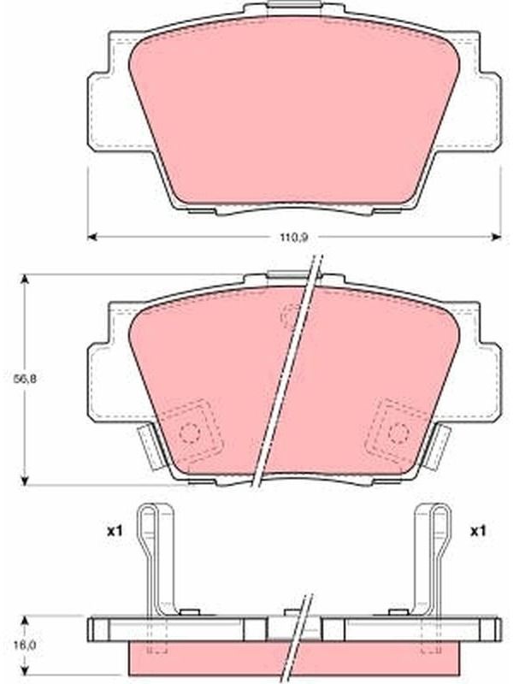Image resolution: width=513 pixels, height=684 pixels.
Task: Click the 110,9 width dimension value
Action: [x=293, y=238]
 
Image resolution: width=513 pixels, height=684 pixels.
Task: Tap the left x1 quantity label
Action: [x=115, y=531]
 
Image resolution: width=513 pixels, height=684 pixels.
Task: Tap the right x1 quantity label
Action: [x=478, y=531]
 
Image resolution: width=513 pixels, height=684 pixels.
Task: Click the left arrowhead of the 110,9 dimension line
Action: [x=91, y=237]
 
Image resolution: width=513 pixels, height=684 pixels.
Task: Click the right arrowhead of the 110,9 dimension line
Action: [x=497, y=237]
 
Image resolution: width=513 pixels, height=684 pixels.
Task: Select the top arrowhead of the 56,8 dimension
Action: [x=25, y=280]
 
